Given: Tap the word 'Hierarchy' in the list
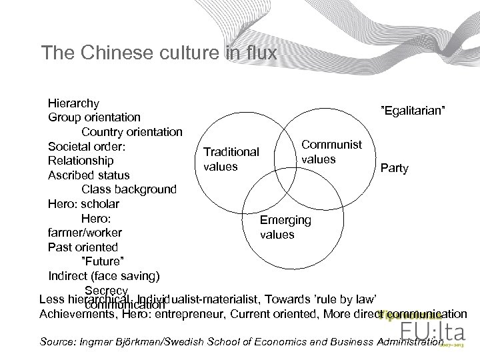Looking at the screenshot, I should (74, 103).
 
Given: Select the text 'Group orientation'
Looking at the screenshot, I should (94, 117).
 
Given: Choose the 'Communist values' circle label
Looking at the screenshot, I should (331, 152).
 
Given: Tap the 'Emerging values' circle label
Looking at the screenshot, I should (285, 227).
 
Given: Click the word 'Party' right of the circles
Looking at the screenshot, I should (394, 168).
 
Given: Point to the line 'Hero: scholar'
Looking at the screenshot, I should (84, 203).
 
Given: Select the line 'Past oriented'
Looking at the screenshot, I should (83, 247).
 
